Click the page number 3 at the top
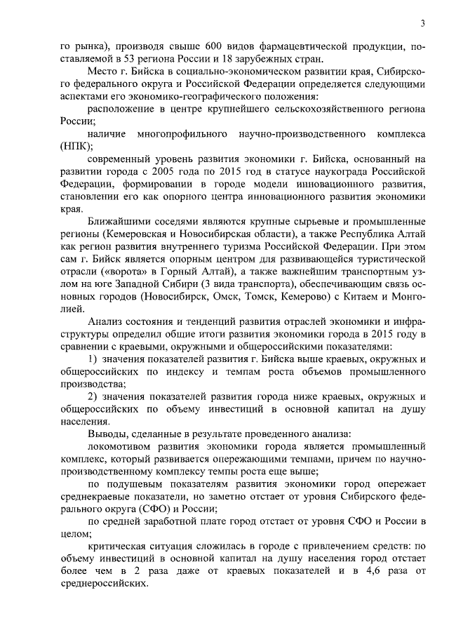pos(422,23)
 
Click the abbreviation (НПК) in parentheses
pos(76,147)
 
